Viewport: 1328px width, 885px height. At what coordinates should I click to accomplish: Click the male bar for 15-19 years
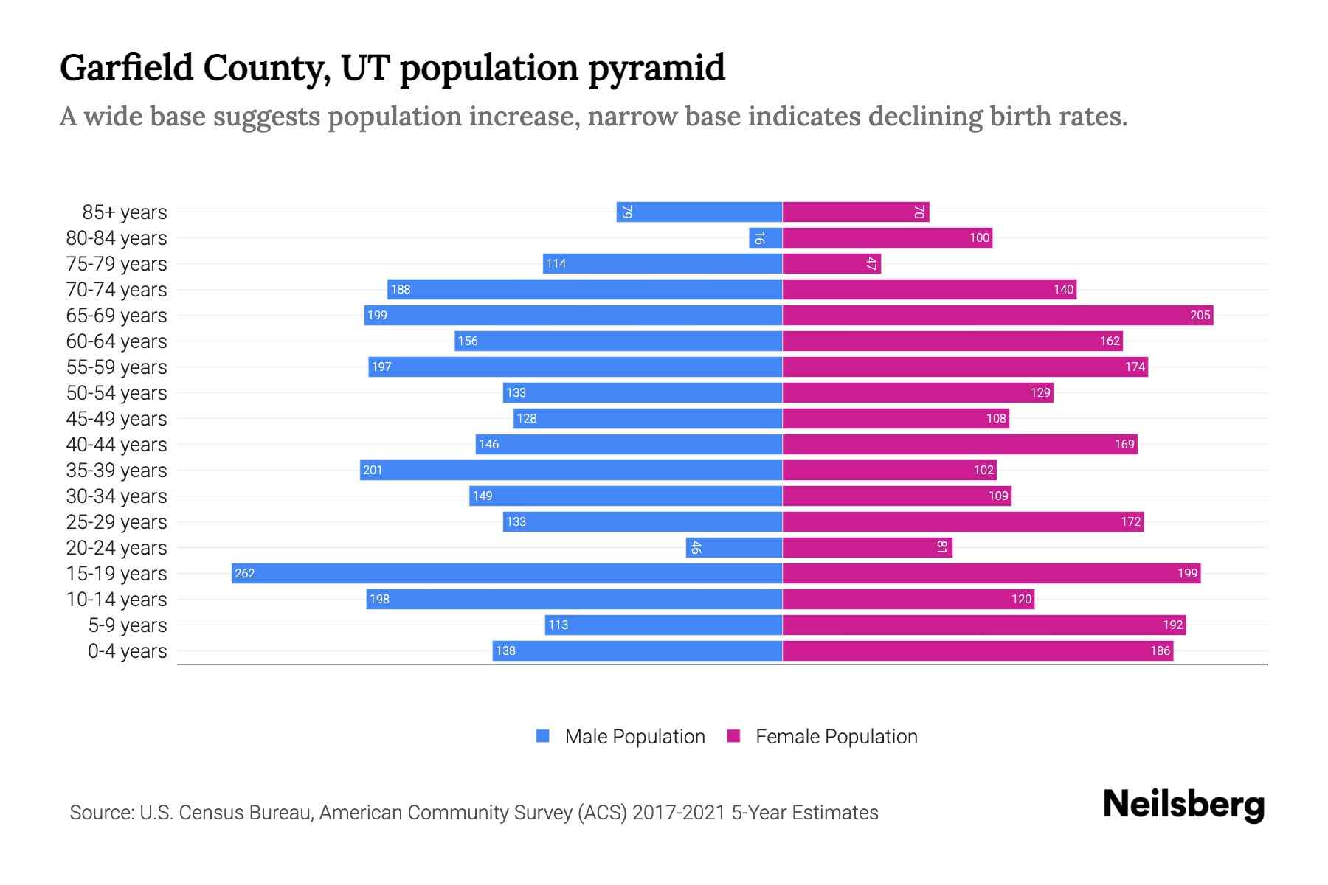(507, 573)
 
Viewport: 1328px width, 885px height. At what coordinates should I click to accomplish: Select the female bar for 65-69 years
(997, 315)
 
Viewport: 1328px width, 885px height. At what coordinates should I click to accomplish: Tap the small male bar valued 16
(765, 237)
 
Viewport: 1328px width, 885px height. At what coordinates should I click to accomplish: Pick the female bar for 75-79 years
(831, 263)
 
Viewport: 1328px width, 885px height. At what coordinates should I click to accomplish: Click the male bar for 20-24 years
(733, 547)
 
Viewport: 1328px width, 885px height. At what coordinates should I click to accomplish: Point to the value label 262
(245, 573)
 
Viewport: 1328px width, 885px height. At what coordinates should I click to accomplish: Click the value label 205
(1200, 315)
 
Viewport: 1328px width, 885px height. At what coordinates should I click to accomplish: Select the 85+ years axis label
(125, 212)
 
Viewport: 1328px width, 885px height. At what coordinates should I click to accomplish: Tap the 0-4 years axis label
(127, 651)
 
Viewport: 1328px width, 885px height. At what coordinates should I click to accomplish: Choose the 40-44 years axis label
(117, 445)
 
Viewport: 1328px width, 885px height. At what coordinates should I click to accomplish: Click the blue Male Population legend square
(543, 736)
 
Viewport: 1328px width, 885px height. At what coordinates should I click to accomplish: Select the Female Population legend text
(836, 737)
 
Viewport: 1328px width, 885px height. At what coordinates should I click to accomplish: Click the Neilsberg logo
(1183, 805)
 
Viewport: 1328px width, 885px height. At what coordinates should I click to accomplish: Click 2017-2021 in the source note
(678, 813)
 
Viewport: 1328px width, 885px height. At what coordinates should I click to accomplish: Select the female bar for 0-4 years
(978, 650)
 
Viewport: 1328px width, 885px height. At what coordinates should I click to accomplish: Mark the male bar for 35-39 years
(571, 470)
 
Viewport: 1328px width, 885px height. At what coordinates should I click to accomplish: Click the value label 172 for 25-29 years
(1130, 521)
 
